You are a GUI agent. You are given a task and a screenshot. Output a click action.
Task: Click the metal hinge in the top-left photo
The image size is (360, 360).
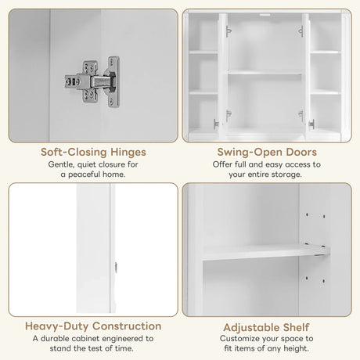pyautogui.click(x=92, y=81)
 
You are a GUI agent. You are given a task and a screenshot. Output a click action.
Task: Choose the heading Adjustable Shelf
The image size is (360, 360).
pyautogui.click(x=266, y=325)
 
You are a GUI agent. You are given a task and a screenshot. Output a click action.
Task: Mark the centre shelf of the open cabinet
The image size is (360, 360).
pyautogui.click(x=264, y=72)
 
